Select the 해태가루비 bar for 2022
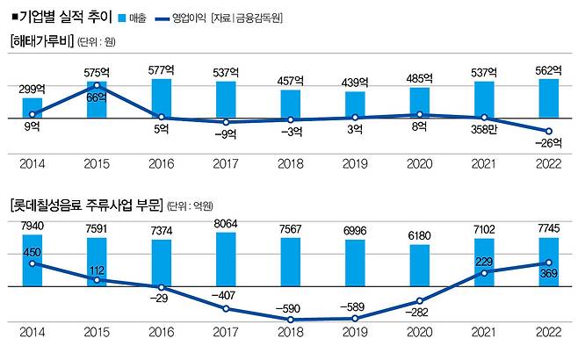pos(548,98)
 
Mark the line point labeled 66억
pos(97,85)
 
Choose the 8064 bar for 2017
pos(226,259)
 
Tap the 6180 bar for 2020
pos(419,265)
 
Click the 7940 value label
pos(33,227)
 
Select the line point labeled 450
pos(33,263)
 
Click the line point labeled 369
pos(548,263)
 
